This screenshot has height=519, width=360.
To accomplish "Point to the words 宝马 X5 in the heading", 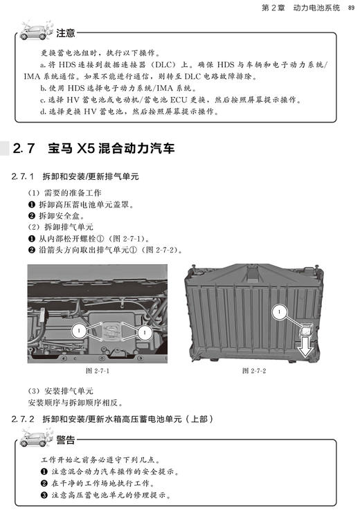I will [72, 148].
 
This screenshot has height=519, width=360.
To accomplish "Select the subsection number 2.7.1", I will [26, 177].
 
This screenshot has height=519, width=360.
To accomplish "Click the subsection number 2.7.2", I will [26, 419].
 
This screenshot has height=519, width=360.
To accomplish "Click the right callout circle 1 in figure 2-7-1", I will [143, 333].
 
